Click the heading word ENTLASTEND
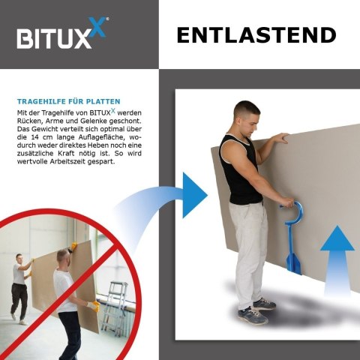(x=256, y=35)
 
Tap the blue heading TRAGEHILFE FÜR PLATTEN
(x=69, y=101)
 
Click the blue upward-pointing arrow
(x=337, y=260)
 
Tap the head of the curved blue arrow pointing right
(x=194, y=195)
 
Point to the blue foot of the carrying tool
(x=293, y=264)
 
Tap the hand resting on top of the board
(x=281, y=138)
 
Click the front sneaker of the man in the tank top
(x=253, y=315)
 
